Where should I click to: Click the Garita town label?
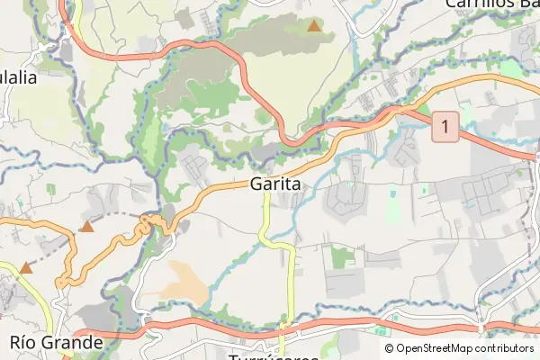pos(274,184)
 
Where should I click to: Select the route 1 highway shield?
pos(444,125)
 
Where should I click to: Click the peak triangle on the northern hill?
pos(313,26)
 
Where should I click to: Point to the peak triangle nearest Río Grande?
pos(26,267)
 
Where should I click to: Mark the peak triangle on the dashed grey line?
pos(86,226)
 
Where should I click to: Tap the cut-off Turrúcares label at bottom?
pos(274,356)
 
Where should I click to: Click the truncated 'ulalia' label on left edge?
pos(18,77)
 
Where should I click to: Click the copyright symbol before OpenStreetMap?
pos(389,348)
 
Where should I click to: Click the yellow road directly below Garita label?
pos(266,216)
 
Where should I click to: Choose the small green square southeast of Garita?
pos(342,256)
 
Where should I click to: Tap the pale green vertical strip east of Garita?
pos(392,205)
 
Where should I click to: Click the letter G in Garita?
pos(256,184)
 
